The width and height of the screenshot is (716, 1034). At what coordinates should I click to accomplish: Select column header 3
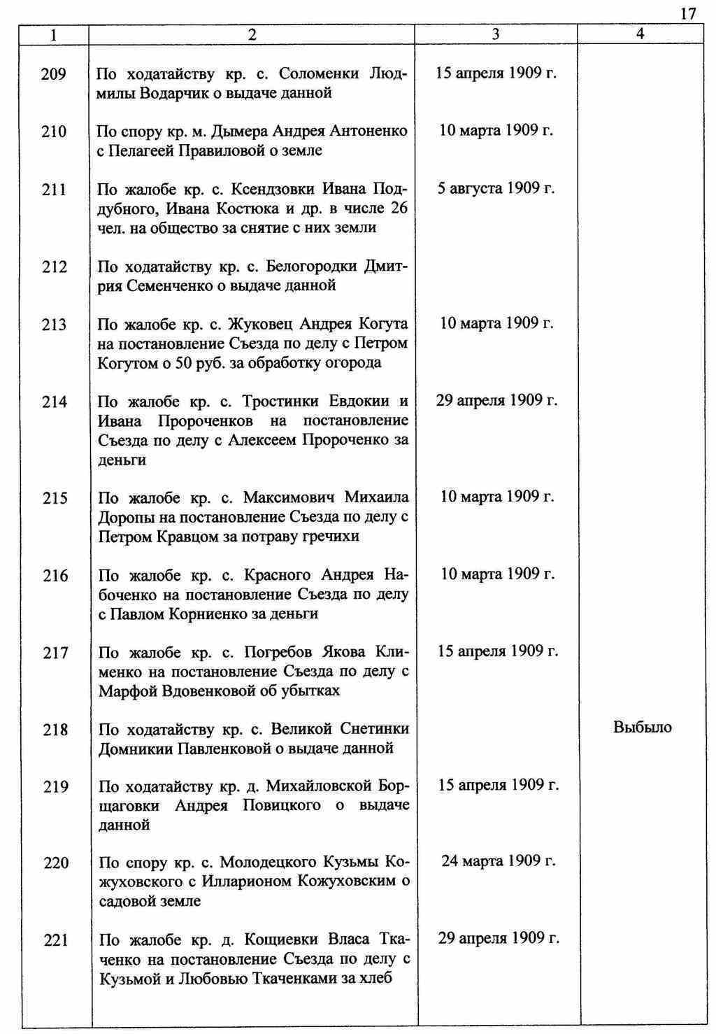[495, 34]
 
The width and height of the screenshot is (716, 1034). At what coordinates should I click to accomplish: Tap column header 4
[640, 34]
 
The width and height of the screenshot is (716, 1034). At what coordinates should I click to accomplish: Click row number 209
[54, 73]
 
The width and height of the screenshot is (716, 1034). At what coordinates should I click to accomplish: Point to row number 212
[54, 267]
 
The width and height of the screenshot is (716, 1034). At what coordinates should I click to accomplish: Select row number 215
[54, 498]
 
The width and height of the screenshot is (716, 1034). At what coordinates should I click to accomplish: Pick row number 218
[54, 730]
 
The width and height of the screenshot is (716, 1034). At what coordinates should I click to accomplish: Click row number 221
[54, 941]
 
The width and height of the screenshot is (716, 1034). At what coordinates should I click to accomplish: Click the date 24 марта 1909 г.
[498, 861]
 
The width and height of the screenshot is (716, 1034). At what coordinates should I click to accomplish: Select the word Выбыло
[642, 728]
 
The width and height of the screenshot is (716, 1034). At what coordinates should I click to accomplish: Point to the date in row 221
[499, 938]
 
